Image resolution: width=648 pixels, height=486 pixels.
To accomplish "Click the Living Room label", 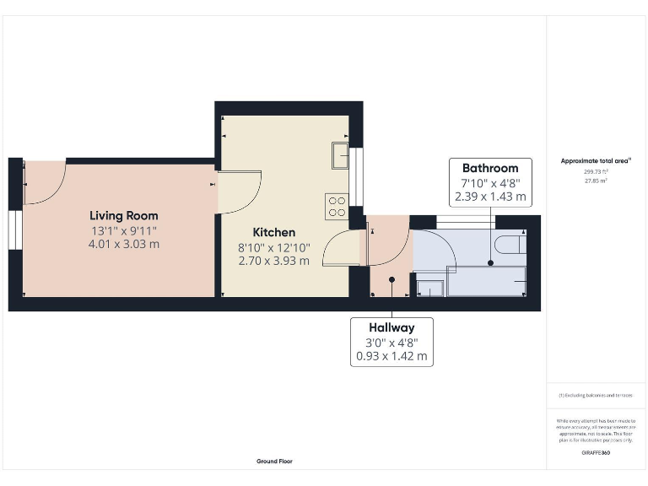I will (124, 216).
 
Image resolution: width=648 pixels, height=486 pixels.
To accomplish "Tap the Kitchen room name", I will (274, 232).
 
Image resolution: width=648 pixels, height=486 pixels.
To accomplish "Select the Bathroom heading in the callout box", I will (489, 169).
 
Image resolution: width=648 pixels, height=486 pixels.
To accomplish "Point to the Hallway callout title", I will (391, 327).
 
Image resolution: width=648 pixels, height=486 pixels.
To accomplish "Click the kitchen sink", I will (339, 155).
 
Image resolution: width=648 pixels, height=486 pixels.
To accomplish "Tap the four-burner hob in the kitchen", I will (337, 206).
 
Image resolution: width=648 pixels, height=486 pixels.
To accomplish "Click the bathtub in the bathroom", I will (486, 280).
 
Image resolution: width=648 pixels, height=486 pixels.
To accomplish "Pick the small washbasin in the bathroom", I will (429, 287).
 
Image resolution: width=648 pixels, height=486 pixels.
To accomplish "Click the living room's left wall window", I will (15, 232).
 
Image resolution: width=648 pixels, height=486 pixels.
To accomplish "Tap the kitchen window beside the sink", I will (357, 176).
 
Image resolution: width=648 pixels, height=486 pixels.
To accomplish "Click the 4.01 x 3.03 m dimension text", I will (124, 245).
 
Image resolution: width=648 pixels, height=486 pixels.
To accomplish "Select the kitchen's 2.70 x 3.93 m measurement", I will (274, 261).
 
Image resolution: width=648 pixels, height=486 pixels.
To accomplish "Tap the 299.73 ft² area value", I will (596, 171).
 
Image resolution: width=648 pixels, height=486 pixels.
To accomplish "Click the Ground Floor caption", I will (274, 462).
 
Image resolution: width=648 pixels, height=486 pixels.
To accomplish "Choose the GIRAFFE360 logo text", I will (596, 453).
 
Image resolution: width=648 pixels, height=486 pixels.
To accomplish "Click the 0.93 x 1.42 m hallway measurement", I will (391, 356).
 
